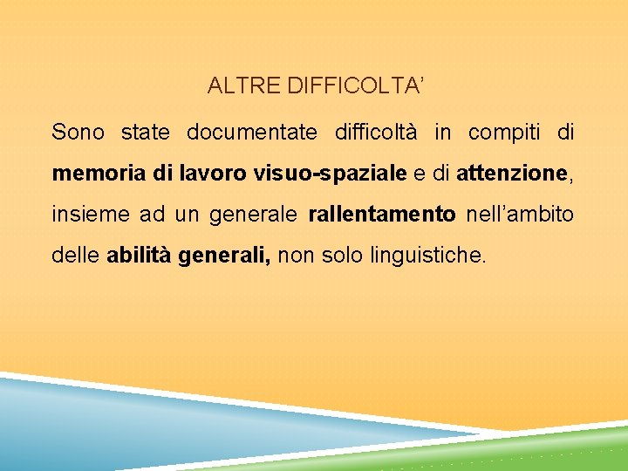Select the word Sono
click(x=78, y=133)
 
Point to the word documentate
click(x=252, y=133)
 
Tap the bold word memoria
click(x=99, y=174)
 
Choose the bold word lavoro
click(x=214, y=174)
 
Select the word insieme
click(x=84, y=215)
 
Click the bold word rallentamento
click(x=382, y=215)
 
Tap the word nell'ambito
click(x=521, y=215)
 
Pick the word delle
click(x=75, y=256)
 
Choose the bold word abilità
click(x=139, y=256)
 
